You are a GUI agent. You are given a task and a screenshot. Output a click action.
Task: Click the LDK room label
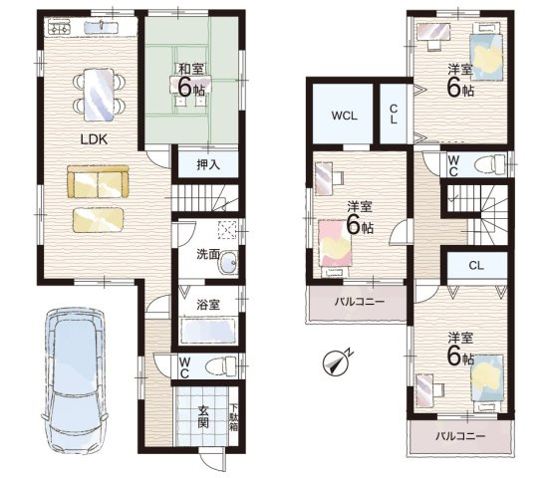(x=94, y=139)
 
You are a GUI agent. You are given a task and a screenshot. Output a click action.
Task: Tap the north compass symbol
(x=335, y=363)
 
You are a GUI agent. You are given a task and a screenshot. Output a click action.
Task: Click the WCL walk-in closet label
(x=345, y=116)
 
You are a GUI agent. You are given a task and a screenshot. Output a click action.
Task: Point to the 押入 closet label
(x=208, y=164)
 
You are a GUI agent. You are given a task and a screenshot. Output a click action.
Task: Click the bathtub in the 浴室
(x=207, y=331)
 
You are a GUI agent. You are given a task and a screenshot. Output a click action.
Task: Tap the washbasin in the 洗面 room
(x=228, y=263)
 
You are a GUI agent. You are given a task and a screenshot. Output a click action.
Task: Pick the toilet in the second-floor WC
(x=490, y=164)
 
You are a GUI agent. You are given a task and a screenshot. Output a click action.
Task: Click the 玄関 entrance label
(x=203, y=417)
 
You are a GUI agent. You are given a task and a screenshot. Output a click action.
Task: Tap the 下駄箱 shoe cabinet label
(x=234, y=418)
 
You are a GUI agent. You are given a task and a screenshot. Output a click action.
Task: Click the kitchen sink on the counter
(x=101, y=26)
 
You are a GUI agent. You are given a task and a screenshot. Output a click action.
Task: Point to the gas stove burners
(x=60, y=27)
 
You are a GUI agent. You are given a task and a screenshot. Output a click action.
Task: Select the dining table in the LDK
(x=99, y=95)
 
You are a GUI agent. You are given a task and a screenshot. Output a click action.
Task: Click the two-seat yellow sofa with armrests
(x=98, y=181)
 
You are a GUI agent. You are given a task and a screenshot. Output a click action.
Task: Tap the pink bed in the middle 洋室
(x=336, y=242)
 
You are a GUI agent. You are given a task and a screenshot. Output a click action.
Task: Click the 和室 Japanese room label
(x=191, y=69)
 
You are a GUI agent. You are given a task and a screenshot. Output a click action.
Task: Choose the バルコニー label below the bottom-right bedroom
(x=460, y=436)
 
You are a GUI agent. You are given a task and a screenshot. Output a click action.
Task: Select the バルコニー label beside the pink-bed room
(x=359, y=302)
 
